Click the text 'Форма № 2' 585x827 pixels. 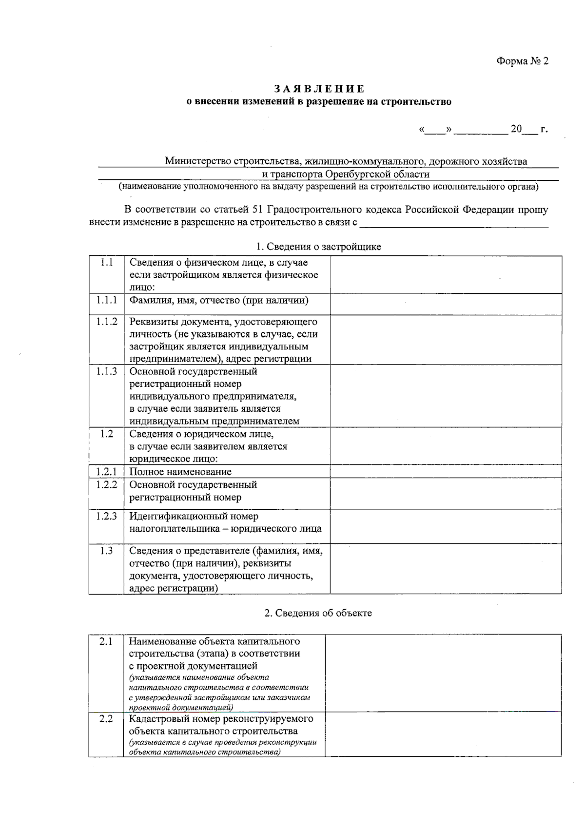(x=522, y=61)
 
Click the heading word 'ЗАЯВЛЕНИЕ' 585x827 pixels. (x=319, y=89)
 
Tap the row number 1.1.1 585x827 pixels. (x=106, y=300)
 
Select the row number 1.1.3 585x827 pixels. (x=106, y=372)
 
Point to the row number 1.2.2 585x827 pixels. (x=106, y=485)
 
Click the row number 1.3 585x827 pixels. (x=106, y=551)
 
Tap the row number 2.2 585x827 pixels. (x=106, y=719)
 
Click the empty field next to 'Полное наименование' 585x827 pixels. (x=446, y=472)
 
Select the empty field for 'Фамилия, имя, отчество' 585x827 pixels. (x=446, y=304)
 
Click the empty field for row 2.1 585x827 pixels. (x=443, y=673)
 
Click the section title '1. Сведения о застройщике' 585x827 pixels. (x=319, y=247)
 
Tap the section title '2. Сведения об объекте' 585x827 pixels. (x=318, y=613)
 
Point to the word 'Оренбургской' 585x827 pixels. (x=358, y=174)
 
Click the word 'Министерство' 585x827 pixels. (x=198, y=161)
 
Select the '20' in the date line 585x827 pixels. (x=516, y=129)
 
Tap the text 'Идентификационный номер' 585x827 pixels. (x=194, y=517)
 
